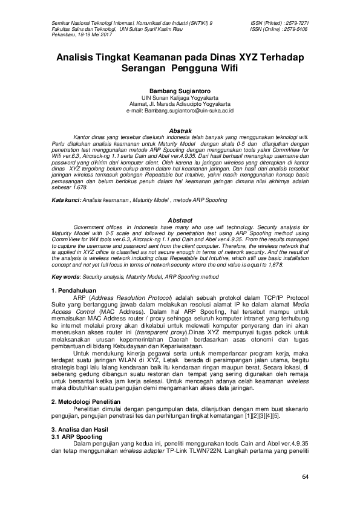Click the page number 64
[305, 478]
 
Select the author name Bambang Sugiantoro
[180, 89]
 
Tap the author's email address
[180, 111]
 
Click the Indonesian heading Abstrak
[180, 131]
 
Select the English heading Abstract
[180, 220]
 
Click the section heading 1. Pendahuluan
[74, 291]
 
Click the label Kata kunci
[65, 199]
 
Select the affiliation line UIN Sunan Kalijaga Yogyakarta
[180, 97]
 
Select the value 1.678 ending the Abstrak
[79, 187]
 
